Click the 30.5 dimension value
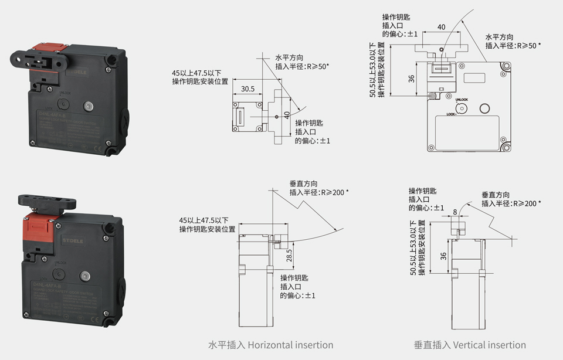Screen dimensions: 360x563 coord(247,90)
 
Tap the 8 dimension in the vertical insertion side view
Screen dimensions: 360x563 coord(455,212)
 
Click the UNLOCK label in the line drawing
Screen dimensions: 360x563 coord(462,100)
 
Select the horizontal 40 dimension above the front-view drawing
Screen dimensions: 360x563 coord(442,27)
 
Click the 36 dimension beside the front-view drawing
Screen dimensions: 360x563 coord(412,78)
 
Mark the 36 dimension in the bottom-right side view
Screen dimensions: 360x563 coord(443,256)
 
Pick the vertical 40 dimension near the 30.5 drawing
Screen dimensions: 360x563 coord(287,116)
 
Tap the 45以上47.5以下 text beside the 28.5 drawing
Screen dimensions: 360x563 coord(204,220)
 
